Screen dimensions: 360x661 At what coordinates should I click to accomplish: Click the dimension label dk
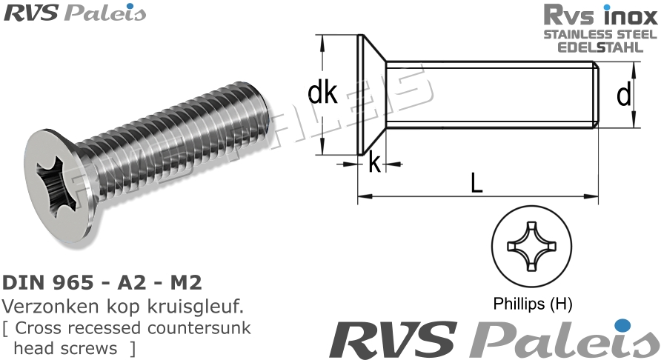coord(322,93)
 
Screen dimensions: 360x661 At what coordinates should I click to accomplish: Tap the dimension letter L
coord(476,181)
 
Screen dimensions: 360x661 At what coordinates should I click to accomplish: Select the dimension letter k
coord(374,163)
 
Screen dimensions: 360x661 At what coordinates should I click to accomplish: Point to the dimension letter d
coord(624,94)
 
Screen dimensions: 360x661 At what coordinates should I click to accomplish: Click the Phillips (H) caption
coord(533,304)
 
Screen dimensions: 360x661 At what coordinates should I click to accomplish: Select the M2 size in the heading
coord(185,283)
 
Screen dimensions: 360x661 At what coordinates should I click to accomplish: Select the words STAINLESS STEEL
coord(600,34)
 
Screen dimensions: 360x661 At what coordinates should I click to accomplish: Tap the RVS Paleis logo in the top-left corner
coord(75,13)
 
